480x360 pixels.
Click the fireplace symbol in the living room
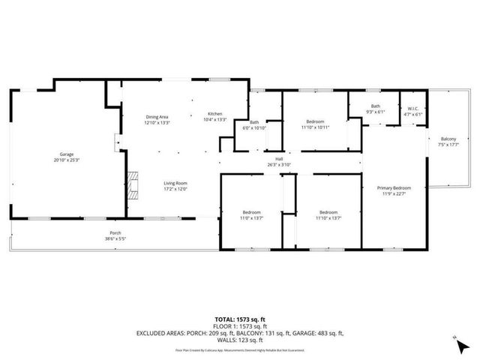coord(133,184)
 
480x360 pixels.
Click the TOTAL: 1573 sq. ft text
coord(239,318)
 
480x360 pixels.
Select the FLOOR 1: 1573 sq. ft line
coord(239,325)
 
